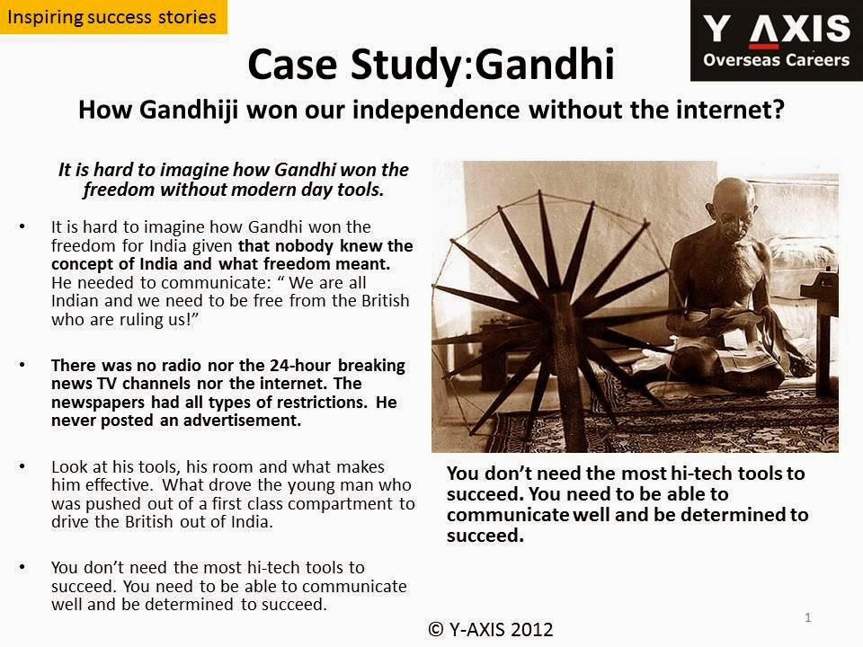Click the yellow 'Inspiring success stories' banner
tap(113, 17)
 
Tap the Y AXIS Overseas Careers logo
tap(777, 40)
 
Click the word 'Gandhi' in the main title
tap(545, 65)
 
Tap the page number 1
tap(808, 617)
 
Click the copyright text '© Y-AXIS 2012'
tap(491, 629)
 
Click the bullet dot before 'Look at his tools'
tap(22, 466)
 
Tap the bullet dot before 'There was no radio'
tap(22, 365)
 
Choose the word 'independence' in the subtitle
tap(436, 110)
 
